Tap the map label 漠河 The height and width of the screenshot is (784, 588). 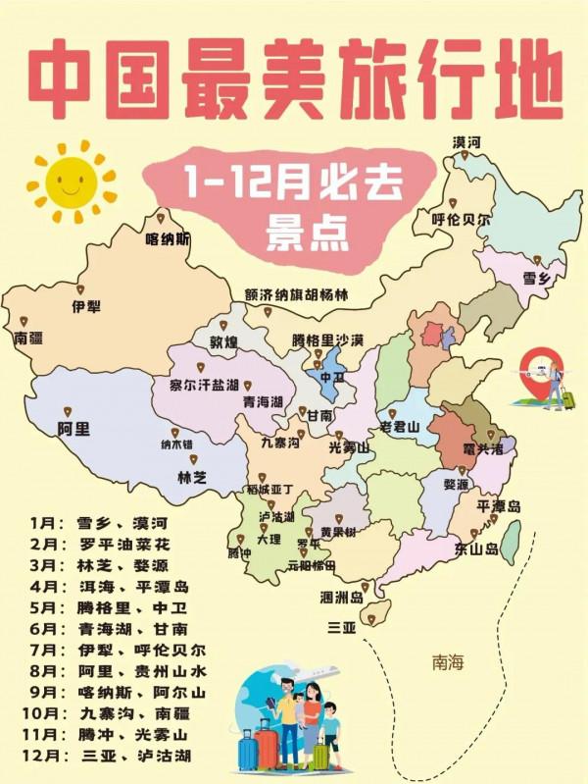467,142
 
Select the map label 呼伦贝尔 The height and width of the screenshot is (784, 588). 462,220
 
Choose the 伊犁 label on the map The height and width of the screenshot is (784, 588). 86,306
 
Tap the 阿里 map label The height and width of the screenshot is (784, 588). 73,428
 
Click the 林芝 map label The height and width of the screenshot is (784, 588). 192,477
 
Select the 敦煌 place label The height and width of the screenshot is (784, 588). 223,341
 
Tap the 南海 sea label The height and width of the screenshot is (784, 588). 447,663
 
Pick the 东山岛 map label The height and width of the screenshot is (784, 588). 475,549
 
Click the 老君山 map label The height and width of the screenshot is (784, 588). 400,427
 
